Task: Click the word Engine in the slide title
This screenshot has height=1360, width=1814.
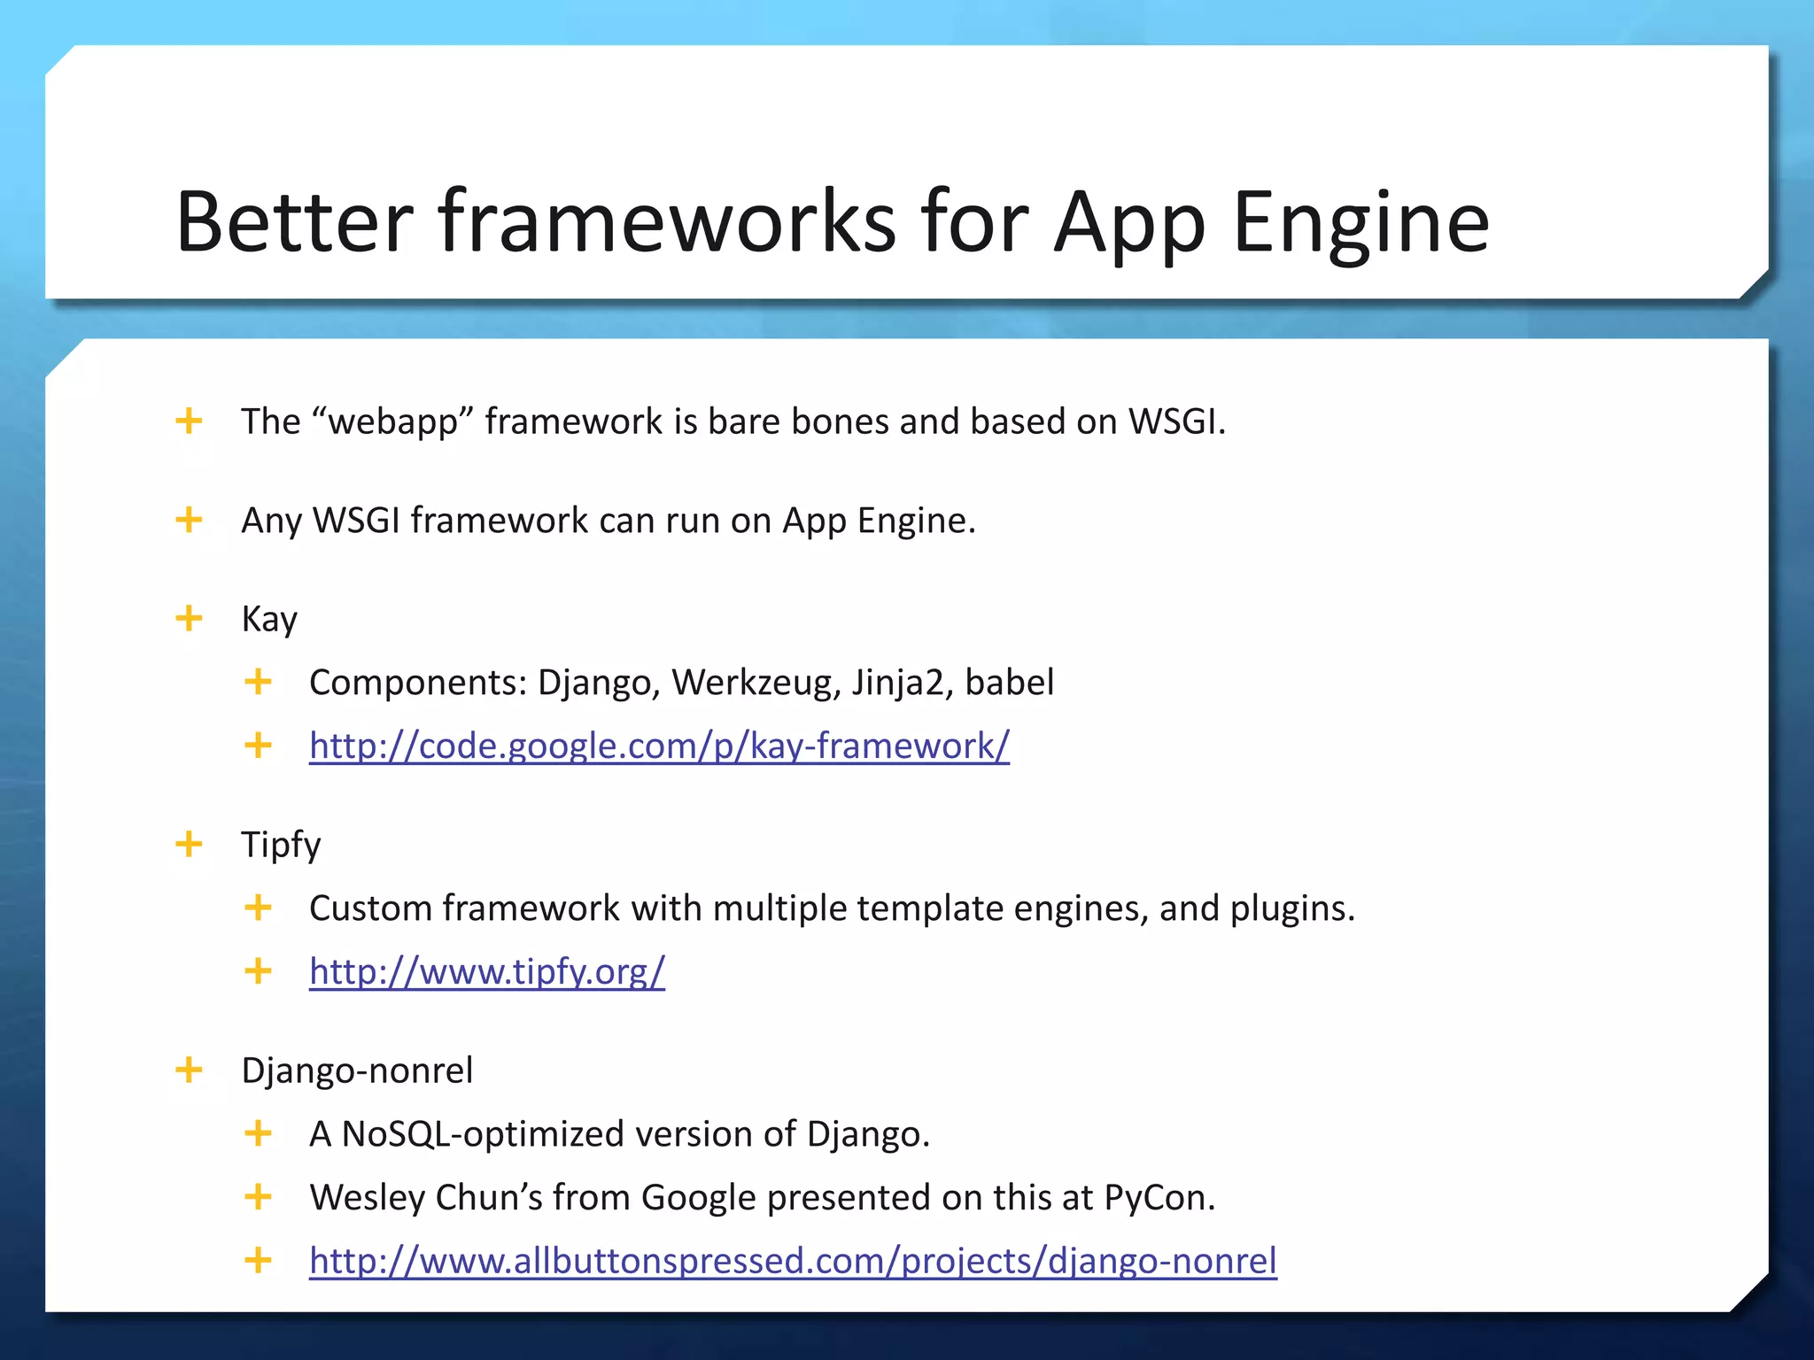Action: (x=1360, y=223)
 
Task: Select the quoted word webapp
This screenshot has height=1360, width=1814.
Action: (x=393, y=422)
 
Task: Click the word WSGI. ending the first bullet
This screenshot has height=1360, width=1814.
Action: (x=1176, y=421)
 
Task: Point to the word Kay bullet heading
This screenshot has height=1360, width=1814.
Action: (x=269, y=619)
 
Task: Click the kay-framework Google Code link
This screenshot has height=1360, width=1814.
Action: (x=659, y=746)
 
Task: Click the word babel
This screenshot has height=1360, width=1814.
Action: (x=1009, y=683)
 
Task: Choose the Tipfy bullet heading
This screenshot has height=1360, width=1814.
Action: (x=281, y=845)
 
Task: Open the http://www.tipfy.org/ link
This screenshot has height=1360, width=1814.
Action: (x=486, y=971)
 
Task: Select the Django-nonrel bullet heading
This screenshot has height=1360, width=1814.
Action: (x=357, y=1070)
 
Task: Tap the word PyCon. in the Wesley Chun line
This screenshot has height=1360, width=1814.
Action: (x=1159, y=1197)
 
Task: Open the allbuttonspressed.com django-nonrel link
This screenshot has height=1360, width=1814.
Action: (x=793, y=1261)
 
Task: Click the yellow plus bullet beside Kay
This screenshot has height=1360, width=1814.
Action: (x=189, y=618)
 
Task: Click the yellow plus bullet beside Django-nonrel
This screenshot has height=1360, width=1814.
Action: (x=189, y=1070)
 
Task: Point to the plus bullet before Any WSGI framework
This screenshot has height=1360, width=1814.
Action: (x=189, y=520)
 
